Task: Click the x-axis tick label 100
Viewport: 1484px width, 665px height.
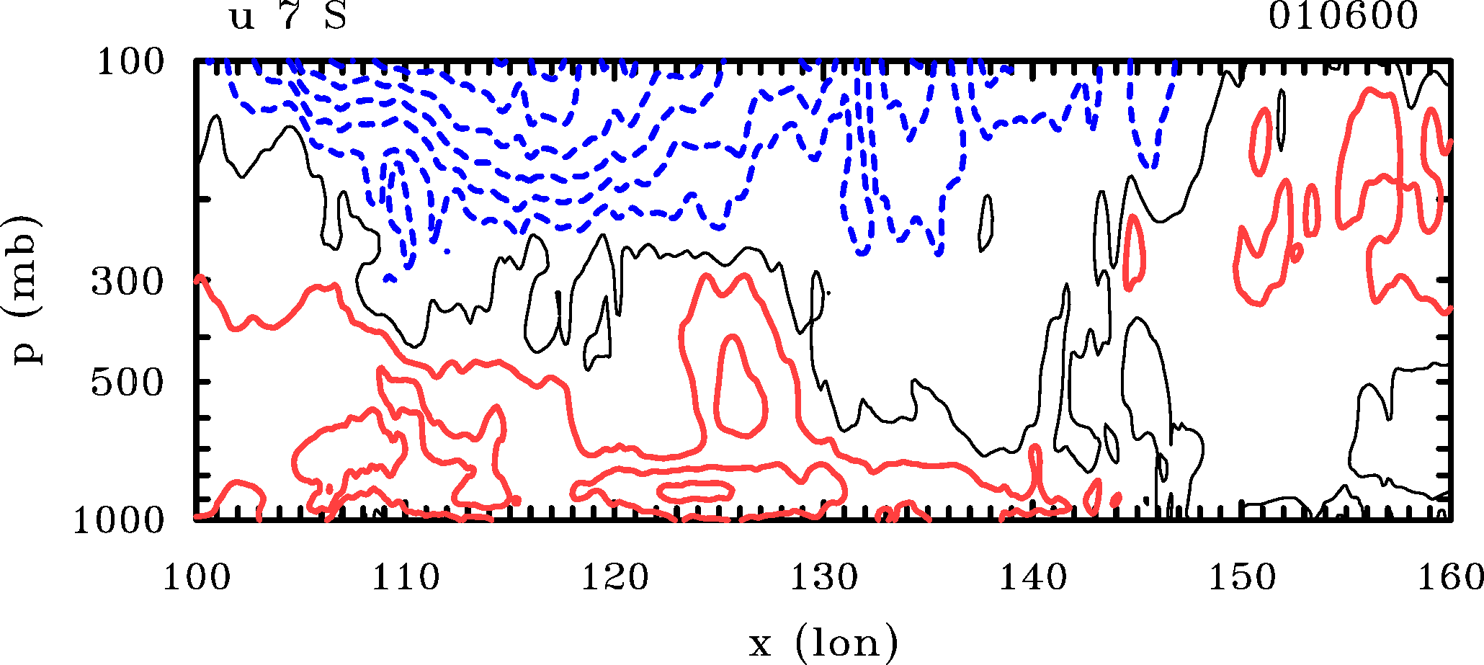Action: click(196, 578)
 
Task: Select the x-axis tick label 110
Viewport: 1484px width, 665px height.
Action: click(405, 578)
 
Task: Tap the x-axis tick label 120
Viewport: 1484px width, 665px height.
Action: click(614, 578)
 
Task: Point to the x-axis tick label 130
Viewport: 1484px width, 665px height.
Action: click(823, 578)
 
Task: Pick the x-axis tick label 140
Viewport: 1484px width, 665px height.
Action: click(1032, 578)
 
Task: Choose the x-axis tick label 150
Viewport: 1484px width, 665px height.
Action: click(1241, 578)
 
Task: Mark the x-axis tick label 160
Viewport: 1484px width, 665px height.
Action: click(1449, 578)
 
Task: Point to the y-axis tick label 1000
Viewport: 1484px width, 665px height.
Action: click(119, 521)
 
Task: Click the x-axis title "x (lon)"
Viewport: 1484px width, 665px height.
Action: click(823, 643)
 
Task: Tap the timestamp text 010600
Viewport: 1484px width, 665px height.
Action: click(1343, 17)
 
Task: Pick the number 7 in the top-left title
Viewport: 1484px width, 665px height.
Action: click(290, 17)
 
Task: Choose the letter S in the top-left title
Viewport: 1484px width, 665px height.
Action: click(335, 17)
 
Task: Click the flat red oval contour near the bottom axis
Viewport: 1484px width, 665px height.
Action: click(695, 491)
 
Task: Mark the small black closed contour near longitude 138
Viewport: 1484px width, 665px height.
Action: click(986, 223)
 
